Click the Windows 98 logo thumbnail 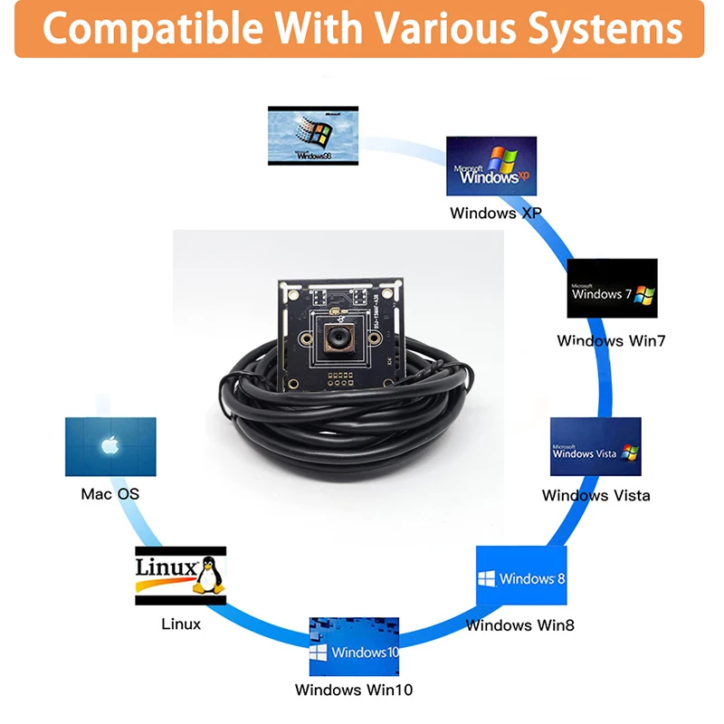[313, 136]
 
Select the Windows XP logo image [491, 167]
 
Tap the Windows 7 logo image [612, 289]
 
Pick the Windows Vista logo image [595, 446]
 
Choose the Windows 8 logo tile [521, 576]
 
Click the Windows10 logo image [354, 646]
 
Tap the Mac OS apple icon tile [110, 446]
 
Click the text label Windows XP [496, 214]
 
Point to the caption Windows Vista [595, 495]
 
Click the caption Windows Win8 [519, 624]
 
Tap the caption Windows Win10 [354, 690]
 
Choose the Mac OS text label [110, 494]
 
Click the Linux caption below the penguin [181, 624]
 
